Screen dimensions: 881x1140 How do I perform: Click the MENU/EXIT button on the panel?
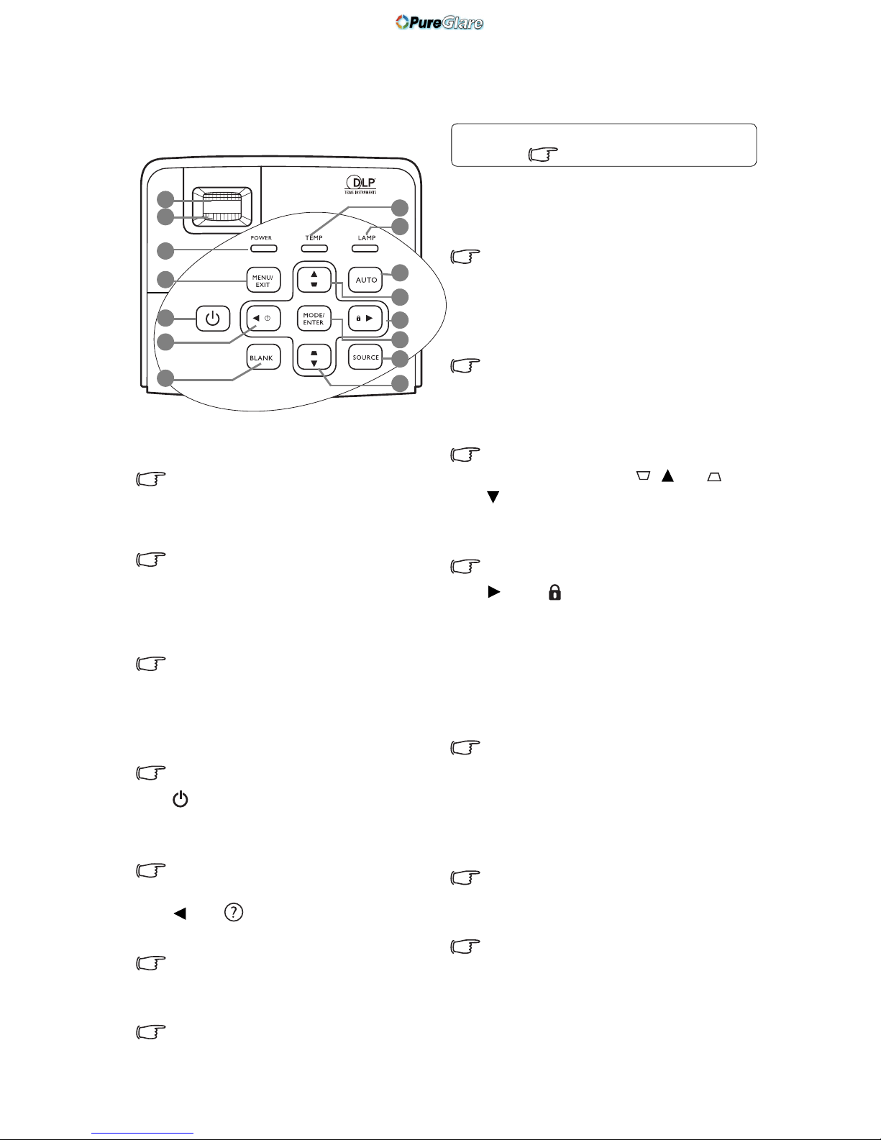pyautogui.click(x=263, y=281)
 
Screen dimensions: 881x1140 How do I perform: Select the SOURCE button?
pyautogui.click(x=365, y=357)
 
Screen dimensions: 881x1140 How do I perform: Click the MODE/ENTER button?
pyautogui.click(x=314, y=319)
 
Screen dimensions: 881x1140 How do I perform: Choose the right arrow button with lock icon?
pyautogui.click(x=365, y=318)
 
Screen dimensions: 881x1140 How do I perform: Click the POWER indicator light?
pyautogui.click(x=263, y=248)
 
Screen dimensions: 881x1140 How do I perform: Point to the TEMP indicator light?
pyautogui.click(x=315, y=248)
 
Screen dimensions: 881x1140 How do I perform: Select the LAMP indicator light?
pyautogui.click(x=365, y=248)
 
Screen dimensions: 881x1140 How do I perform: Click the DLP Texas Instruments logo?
pyautogui.click(x=360, y=185)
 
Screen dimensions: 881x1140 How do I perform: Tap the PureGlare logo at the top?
pyautogui.click(x=439, y=22)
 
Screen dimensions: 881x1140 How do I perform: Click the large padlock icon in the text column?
pyautogui.click(x=554, y=592)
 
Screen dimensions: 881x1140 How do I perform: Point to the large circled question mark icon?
pyautogui.click(x=233, y=912)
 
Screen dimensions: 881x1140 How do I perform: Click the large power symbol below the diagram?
pyautogui.click(x=181, y=799)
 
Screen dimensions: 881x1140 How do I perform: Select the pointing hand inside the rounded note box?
pyautogui.click(x=543, y=154)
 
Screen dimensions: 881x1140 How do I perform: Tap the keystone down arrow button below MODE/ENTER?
pyautogui.click(x=314, y=357)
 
